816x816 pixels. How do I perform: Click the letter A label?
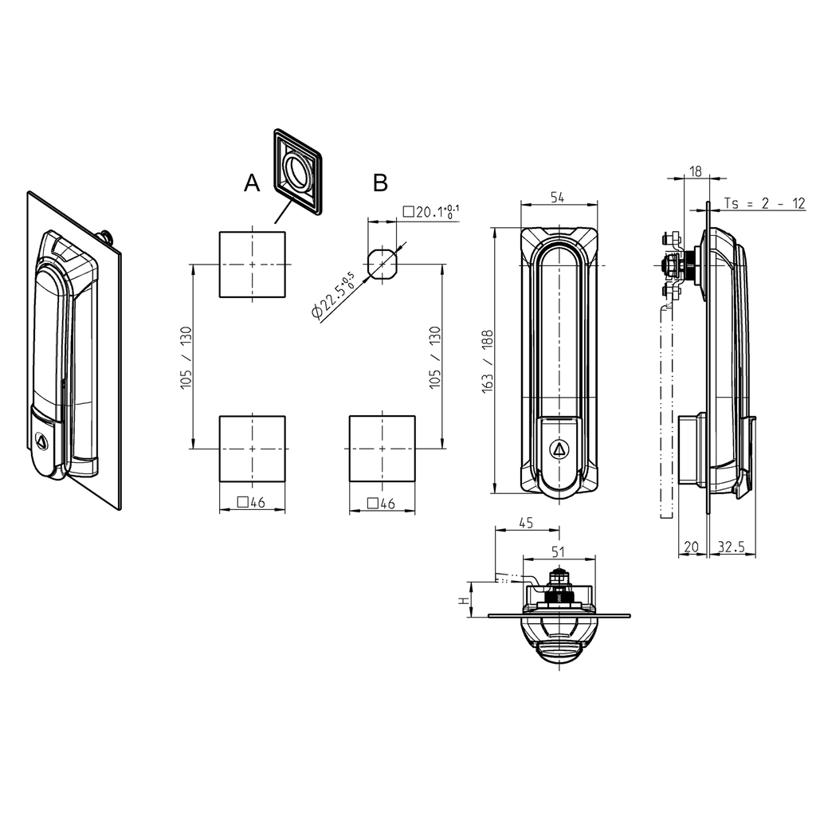click(x=252, y=184)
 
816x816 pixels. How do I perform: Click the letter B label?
click(x=381, y=183)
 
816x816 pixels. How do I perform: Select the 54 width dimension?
click(x=558, y=198)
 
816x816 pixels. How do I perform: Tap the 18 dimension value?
click(x=695, y=171)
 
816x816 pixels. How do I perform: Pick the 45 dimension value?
click(x=526, y=523)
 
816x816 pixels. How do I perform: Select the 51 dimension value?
click(x=558, y=551)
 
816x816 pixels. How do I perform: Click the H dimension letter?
click(x=462, y=601)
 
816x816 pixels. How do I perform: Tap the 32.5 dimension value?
click(x=731, y=547)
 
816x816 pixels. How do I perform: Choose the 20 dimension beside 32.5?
click(x=691, y=547)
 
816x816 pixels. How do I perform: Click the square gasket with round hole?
click(x=298, y=171)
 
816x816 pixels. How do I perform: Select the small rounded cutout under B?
click(x=382, y=263)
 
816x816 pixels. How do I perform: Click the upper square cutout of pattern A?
click(x=252, y=264)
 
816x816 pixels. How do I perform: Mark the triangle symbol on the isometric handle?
click(x=42, y=439)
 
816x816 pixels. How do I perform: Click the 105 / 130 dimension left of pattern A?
click(x=186, y=355)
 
